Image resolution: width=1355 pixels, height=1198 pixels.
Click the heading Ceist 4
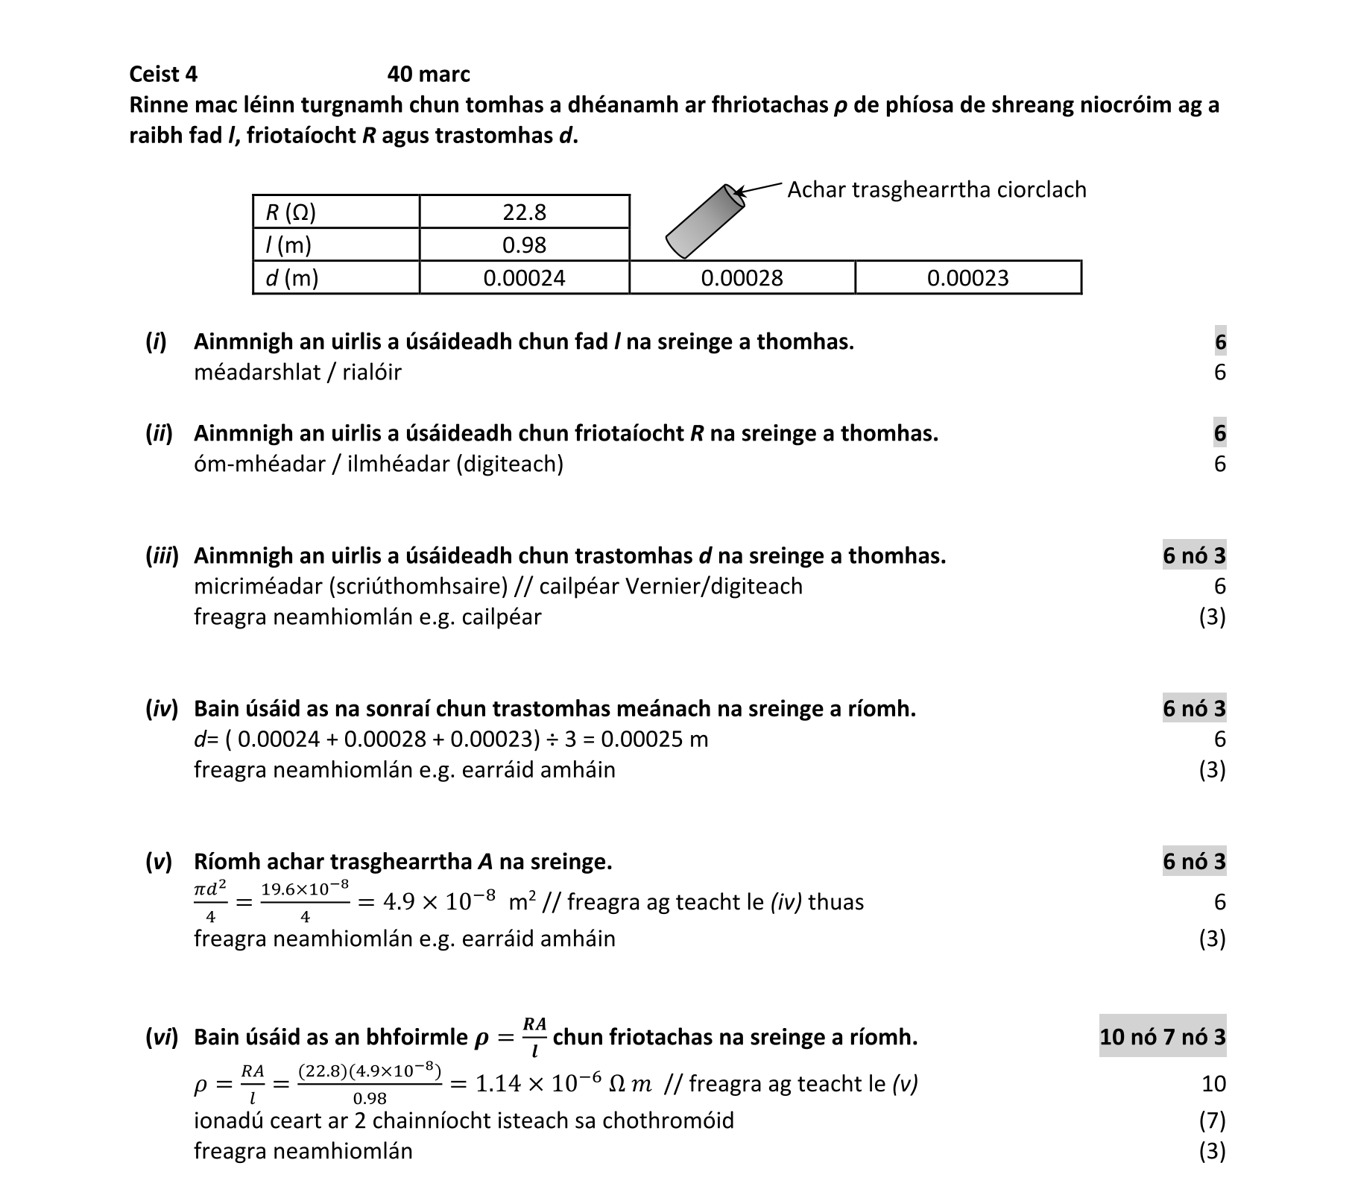(x=163, y=75)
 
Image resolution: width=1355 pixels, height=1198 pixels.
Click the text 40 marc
(x=429, y=75)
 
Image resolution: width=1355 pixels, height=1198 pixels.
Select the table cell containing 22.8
(x=524, y=212)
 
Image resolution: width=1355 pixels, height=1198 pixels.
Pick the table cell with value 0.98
(x=524, y=245)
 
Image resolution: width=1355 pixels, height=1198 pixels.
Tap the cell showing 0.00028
(x=742, y=278)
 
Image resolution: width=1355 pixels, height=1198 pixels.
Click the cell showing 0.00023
(x=967, y=278)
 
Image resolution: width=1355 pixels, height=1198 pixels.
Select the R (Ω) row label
(x=291, y=213)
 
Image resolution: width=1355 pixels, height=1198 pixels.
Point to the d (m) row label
(x=292, y=278)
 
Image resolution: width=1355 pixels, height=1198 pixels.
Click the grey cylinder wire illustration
(x=704, y=221)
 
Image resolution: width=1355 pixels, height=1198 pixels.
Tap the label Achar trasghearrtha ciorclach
(x=937, y=190)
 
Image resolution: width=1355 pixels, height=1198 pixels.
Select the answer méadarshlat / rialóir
(x=297, y=372)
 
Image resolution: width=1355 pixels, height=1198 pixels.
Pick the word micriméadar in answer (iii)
(x=257, y=587)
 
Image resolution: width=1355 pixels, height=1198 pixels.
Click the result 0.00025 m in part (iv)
(x=654, y=740)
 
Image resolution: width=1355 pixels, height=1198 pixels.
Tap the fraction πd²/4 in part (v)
(x=210, y=902)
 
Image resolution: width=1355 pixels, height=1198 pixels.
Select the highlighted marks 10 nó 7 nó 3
(x=1162, y=1037)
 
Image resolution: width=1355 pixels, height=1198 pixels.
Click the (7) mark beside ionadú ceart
(x=1212, y=1120)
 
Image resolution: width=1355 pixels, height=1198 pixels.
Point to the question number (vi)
(x=162, y=1038)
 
